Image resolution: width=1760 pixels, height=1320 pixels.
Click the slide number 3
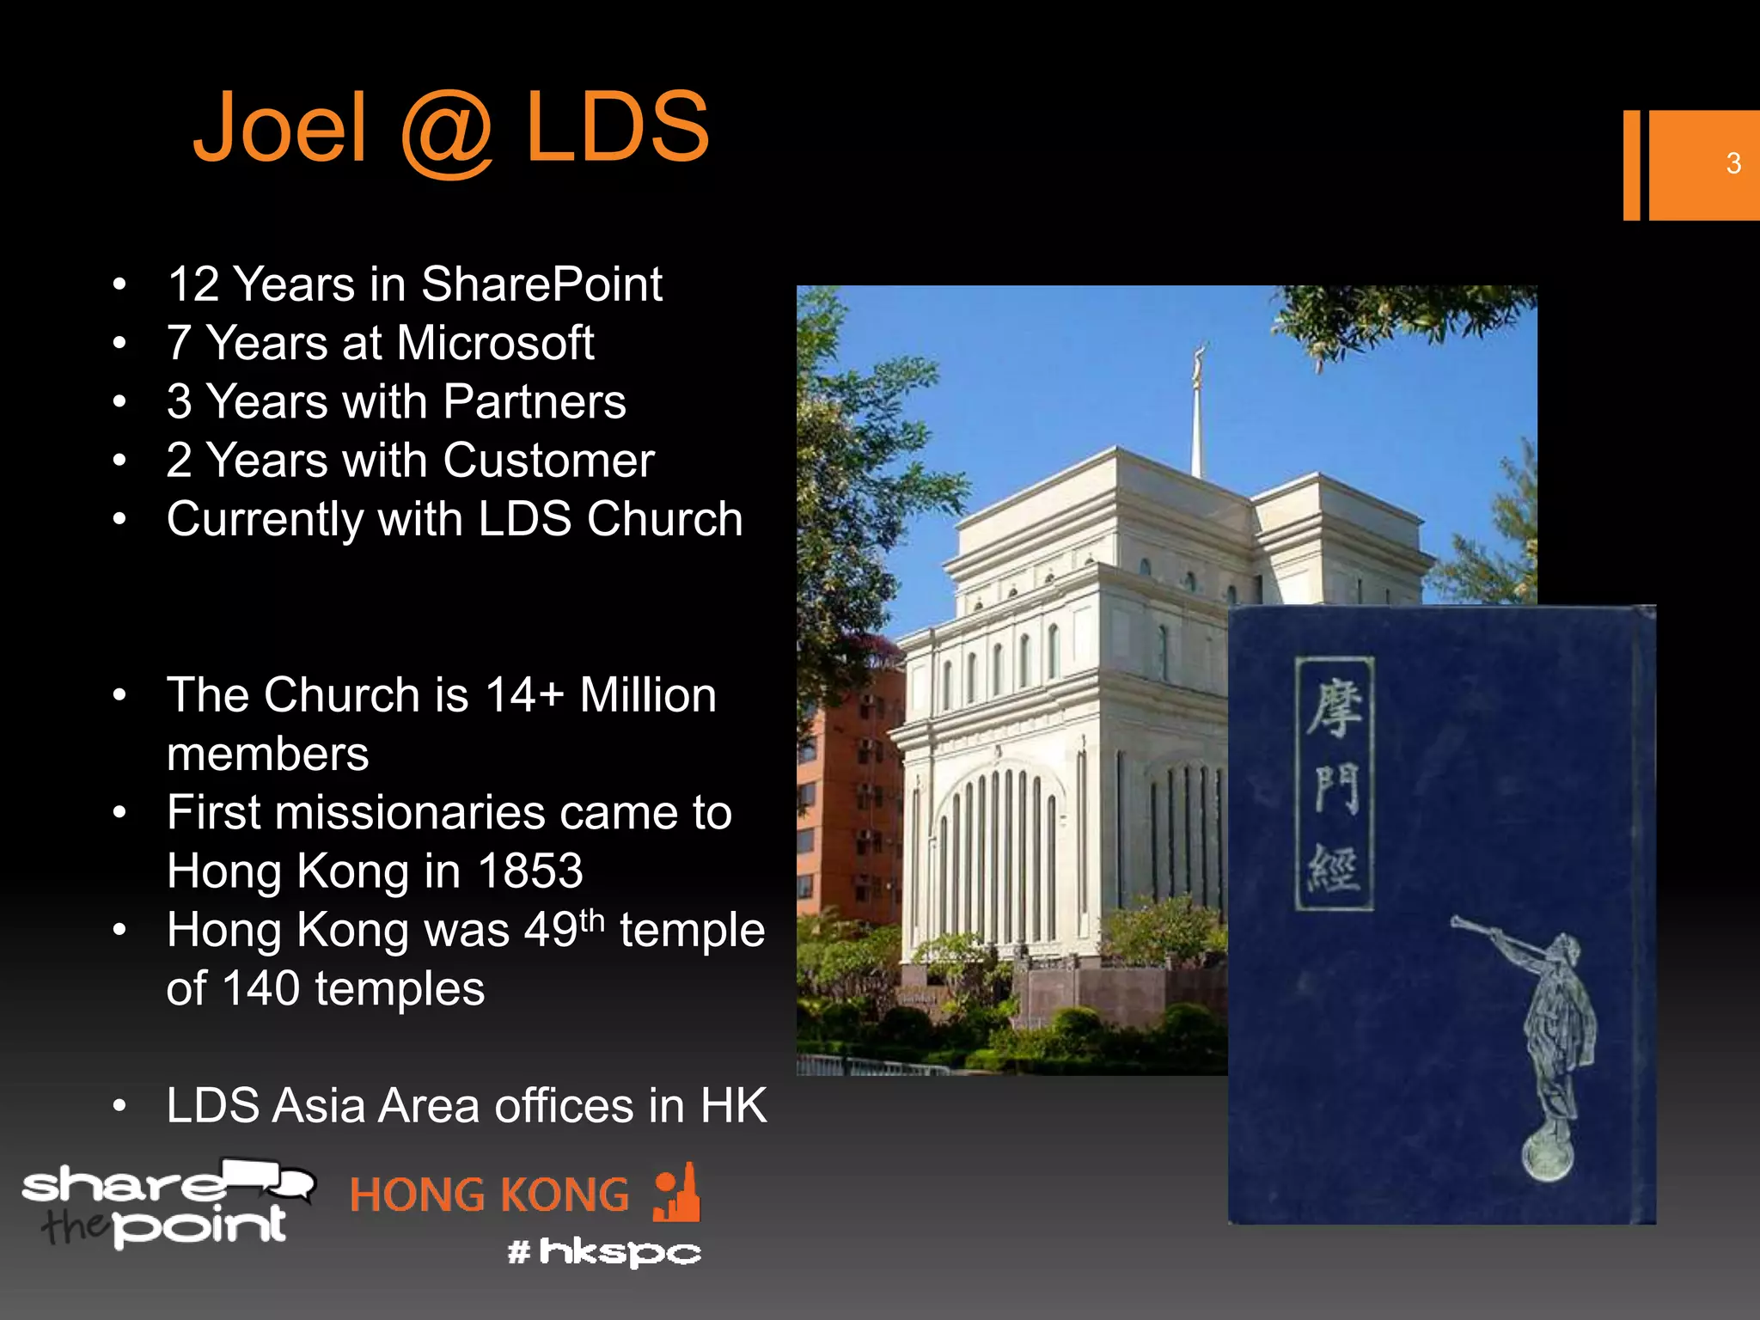click(1732, 163)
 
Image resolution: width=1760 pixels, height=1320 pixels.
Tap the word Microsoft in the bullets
click(495, 343)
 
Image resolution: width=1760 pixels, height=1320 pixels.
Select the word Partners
click(535, 401)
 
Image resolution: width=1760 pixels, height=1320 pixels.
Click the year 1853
click(530, 871)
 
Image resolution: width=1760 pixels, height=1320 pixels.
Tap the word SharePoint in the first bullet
click(541, 284)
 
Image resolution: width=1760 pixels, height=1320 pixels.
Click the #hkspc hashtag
click(604, 1252)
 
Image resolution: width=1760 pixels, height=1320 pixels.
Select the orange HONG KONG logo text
click(489, 1195)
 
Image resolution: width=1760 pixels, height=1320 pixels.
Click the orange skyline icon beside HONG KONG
click(677, 1194)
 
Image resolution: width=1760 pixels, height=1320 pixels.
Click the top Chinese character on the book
click(1335, 706)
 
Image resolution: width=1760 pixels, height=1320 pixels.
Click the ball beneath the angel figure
click(1548, 1156)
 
